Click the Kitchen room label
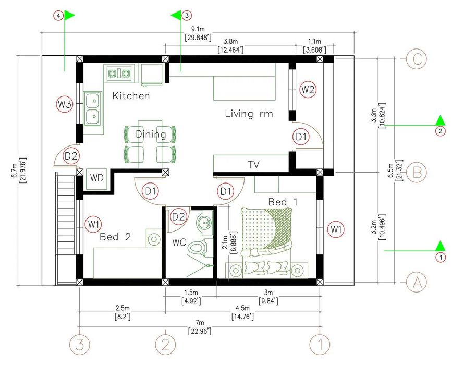tap(131, 95)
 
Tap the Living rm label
tap(249, 113)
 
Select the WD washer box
tap(96, 178)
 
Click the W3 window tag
tap(64, 104)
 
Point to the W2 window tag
tap(308, 90)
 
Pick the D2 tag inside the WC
tap(178, 216)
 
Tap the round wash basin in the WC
tap(205, 222)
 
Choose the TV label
tap(253, 165)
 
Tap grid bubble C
tap(416, 59)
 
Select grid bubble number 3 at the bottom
tap(80, 345)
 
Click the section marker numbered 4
tap(58, 16)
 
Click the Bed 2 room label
tap(115, 237)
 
